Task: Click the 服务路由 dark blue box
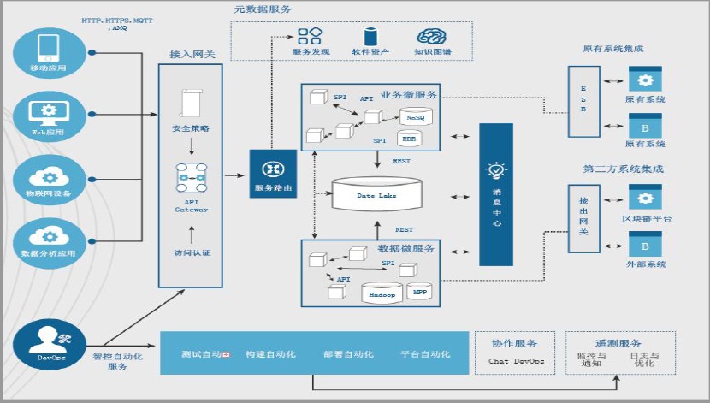coord(273,174)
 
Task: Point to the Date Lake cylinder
coord(376,195)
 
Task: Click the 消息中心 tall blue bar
coord(496,194)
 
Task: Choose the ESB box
coord(584,101)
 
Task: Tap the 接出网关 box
coord(584,217)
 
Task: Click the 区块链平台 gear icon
coord(646,197)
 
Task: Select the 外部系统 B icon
coord(646,246)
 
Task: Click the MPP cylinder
coord(420,291)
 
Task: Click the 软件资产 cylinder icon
coord(371,36)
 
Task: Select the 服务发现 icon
coord(310,36)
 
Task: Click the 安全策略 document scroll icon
coord(191,103)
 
